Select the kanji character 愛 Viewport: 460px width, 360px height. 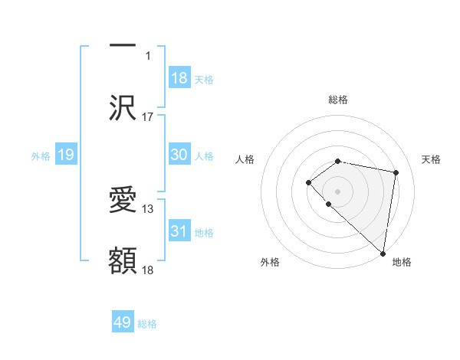pos(123,201)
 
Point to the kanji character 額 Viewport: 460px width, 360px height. pos(123,261)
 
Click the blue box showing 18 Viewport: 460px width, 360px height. pos(179,78)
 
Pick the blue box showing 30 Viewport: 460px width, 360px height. pos(179,155)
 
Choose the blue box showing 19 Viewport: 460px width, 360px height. pos(66,155)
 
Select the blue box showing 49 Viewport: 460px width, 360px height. pos(123,322)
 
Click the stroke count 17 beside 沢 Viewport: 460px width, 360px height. pos(148,117)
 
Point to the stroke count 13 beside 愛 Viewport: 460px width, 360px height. pos(148,208)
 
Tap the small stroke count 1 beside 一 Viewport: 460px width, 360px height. pos(149,56)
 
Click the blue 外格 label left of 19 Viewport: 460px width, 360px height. pos(41,155)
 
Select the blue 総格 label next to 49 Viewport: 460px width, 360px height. pos(147,324)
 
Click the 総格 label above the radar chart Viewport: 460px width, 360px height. pos(337,100)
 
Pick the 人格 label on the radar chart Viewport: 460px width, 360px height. pos(245,159)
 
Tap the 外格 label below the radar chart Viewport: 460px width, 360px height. pos(270,262)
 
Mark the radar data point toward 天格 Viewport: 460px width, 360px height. pos(396,172)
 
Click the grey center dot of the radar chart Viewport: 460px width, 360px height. pos(337,190)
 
